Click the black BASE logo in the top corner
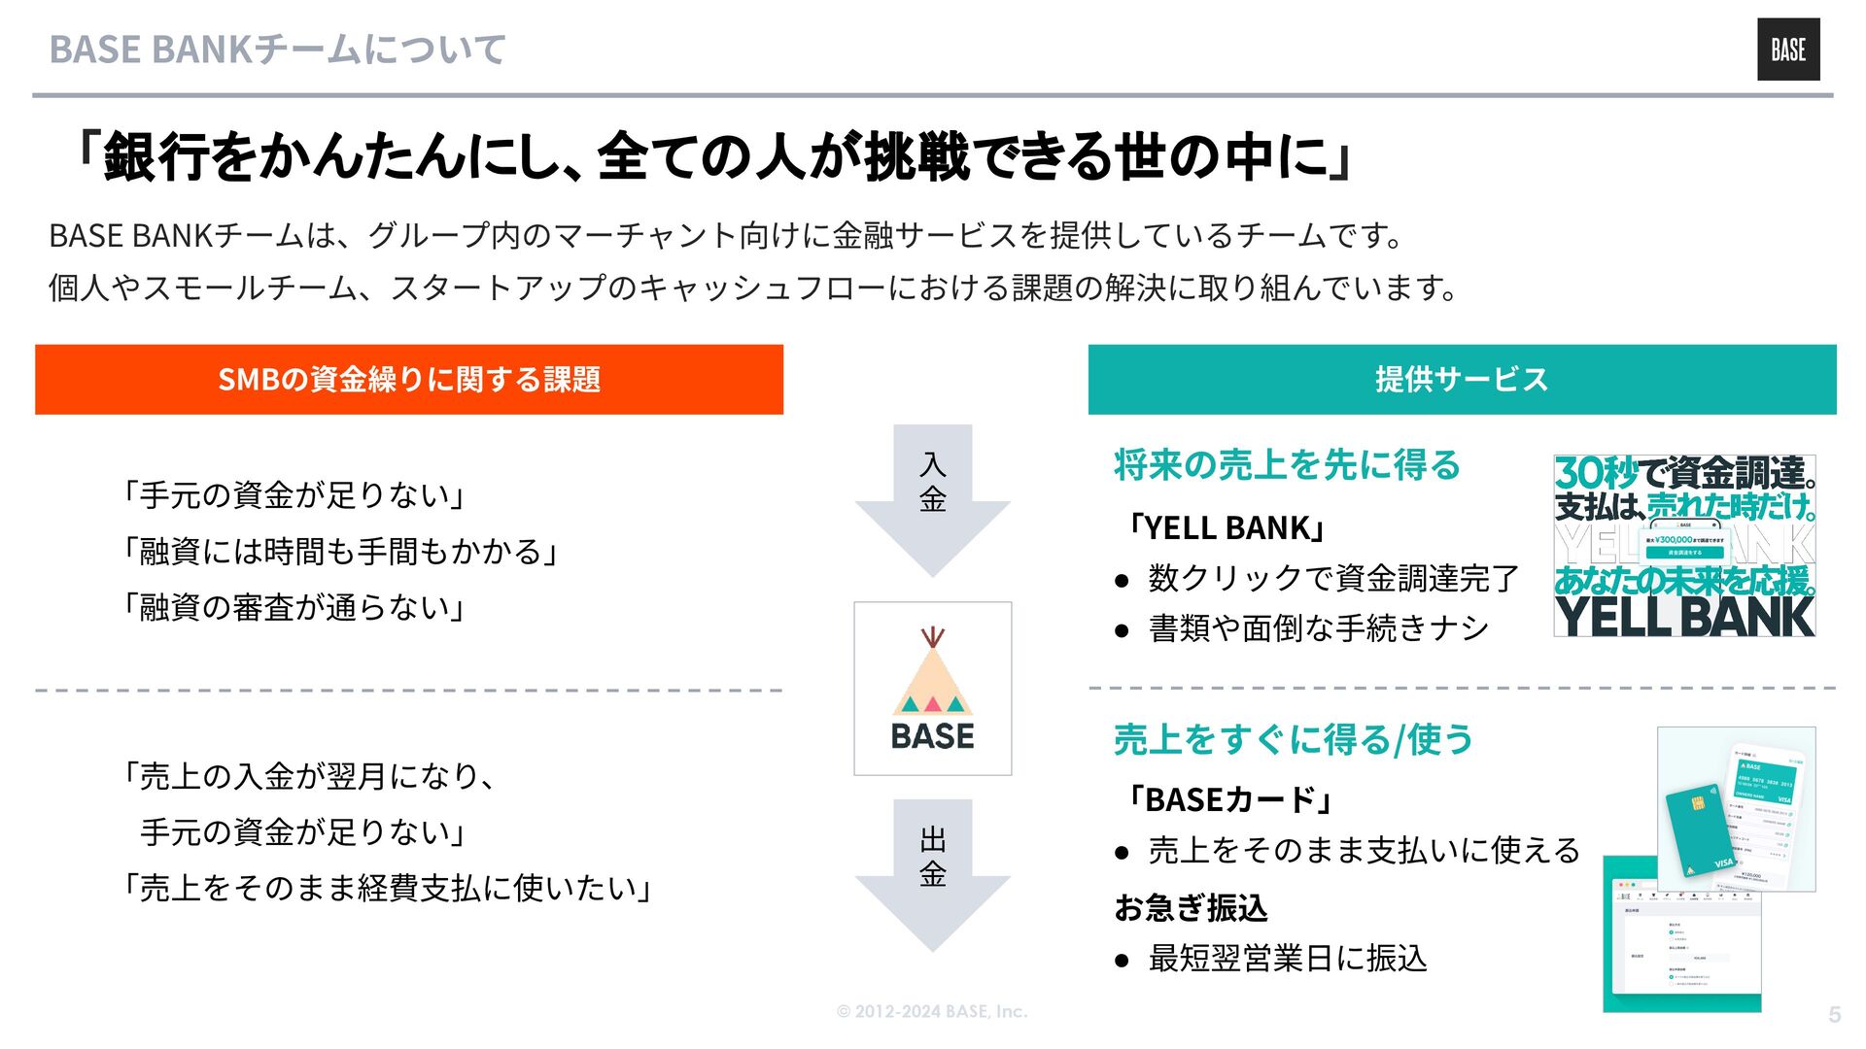1787,50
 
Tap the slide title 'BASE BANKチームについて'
277,50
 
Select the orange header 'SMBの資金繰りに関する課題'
408,379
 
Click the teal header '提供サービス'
1462,379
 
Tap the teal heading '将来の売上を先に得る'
1287,465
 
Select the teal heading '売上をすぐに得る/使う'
1293,739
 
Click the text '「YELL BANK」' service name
1227,527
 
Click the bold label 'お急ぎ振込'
1191,908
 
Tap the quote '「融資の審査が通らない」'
294,607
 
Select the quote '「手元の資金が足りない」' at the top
294,494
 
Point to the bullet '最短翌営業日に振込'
1287,959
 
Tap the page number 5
1834,1015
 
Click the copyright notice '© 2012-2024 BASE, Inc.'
932,1011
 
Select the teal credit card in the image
1701,831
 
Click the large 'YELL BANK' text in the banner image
1685,616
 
